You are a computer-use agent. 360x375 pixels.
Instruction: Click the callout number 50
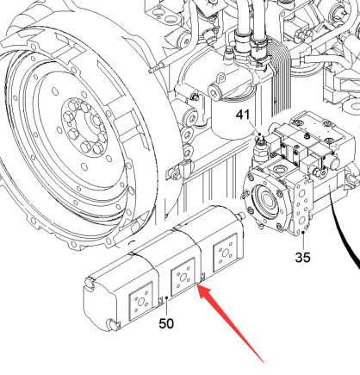pos(166,324)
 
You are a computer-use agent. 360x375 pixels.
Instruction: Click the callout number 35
pos(302,257)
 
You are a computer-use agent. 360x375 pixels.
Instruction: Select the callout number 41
pos(243,115)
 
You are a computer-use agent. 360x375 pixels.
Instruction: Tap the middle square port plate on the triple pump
pos(183,277)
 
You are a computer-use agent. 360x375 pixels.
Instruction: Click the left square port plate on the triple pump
pos(140,301)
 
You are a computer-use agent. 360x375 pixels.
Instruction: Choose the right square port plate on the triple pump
pos(225,253)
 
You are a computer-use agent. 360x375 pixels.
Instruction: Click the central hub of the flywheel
pos(84,128)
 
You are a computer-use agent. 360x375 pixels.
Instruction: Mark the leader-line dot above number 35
pos(303,233)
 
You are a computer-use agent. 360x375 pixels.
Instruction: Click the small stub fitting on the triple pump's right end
pos(240,215)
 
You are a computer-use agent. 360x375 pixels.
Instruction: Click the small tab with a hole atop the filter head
pos(221,78)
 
